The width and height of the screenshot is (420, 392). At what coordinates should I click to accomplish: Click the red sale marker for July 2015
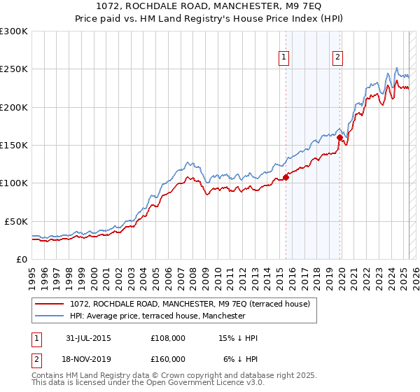(x=286, y=177)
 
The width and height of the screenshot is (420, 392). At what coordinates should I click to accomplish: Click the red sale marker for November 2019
(x=339, y=138)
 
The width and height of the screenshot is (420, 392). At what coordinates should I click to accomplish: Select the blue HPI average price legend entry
(x=157, y=316)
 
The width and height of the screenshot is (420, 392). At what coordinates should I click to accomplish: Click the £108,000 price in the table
(x=168, y=338)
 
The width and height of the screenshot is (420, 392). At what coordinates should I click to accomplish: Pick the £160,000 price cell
(x=168, y=358)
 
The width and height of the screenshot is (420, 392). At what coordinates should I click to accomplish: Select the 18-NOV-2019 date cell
(x=87, y=358)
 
